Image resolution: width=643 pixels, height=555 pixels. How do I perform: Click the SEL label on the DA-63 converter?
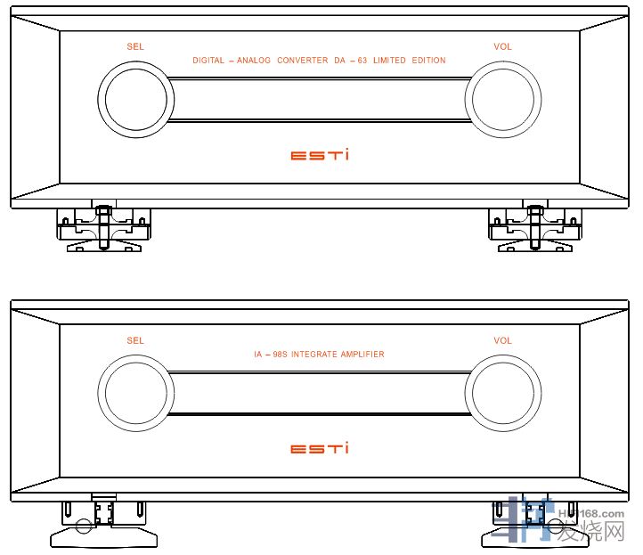point(135,46)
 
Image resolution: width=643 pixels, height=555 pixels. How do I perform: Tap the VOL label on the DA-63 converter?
point(503,46)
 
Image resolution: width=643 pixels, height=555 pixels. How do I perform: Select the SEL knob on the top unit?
point(134,98)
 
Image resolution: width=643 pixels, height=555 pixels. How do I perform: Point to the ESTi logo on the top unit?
point(320,155)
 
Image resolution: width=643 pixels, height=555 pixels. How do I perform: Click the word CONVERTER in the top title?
point(303,61)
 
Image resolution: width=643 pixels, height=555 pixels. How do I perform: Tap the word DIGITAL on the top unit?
point(208,61)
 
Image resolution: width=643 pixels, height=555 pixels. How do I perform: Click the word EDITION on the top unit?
point(427,61)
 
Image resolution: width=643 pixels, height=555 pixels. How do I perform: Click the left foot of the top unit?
point(103,230)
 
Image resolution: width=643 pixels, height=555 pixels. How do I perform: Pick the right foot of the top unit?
point(534,230)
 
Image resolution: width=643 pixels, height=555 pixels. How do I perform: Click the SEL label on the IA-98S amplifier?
point(135,340)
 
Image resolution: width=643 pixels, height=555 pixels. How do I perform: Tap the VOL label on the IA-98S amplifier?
point(503,340)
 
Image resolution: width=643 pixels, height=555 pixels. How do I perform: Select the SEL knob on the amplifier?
point(134,392)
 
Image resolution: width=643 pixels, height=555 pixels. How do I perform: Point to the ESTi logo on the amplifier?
point(320,448)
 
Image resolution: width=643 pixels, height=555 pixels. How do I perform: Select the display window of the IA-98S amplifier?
point(319,393)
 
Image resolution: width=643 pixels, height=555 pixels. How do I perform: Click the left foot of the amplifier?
point(103,525)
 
